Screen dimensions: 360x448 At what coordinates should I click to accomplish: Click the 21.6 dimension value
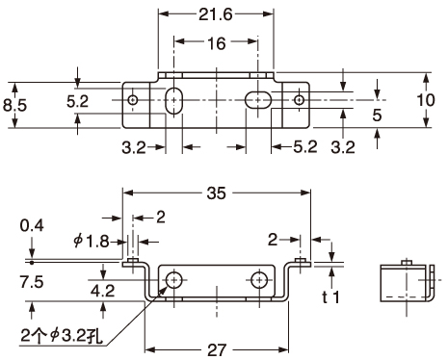coord(216,16)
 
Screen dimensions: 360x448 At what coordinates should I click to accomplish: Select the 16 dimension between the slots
coord(216,44)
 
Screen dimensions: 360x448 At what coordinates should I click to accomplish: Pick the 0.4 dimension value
coord(31,226)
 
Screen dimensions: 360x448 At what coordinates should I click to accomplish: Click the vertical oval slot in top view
coord(174,101)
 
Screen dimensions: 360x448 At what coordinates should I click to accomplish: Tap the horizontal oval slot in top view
coord(257,100)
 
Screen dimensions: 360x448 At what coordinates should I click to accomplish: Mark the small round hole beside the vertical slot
coord(133,100)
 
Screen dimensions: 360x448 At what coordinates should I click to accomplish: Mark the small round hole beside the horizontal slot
coord(300,100)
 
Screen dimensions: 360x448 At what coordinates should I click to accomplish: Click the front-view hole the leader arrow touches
coord(174,280)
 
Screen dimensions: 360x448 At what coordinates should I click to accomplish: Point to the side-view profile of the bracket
coord(405,285)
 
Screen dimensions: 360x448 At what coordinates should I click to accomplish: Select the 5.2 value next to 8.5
coord(79,100)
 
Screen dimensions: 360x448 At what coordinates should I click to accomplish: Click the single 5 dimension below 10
coord(376,116)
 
